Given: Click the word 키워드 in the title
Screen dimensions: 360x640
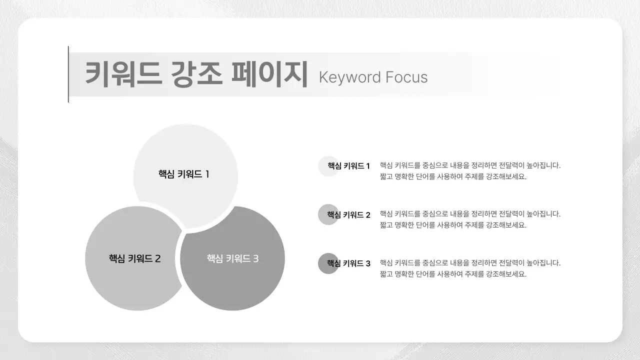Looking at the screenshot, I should [123, 74].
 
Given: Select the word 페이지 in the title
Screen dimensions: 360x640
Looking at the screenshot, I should [269, 74].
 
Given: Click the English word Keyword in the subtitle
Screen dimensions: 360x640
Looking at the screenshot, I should [349, 77].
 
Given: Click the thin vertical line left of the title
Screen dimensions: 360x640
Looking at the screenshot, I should [68, 74].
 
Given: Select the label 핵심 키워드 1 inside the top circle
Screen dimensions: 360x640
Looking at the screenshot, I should [183, 174].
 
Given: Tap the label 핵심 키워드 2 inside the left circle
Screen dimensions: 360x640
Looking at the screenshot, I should [134, 258].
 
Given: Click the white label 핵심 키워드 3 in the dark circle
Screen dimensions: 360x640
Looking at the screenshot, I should [232, 258].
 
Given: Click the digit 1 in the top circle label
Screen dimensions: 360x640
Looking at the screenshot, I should [207, 174].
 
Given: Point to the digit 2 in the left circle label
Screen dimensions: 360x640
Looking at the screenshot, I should [157, 258].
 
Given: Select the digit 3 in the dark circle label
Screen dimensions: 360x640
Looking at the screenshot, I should [255, 258].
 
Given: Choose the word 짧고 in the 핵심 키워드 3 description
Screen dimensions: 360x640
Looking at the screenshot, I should [386, 274].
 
